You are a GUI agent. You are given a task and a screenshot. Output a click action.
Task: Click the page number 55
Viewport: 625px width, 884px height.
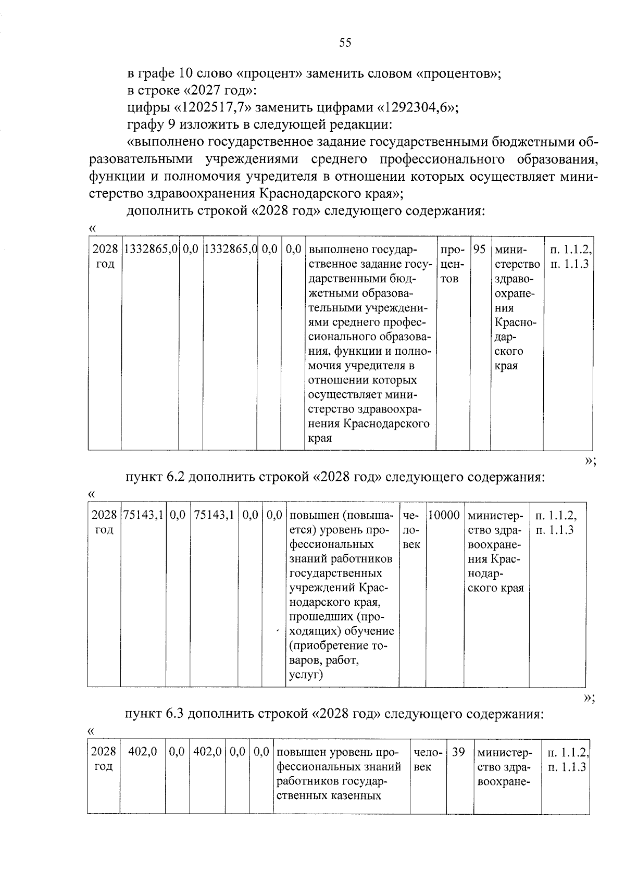click(345, 43)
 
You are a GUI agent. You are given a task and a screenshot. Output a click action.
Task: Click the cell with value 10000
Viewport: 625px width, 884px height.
click(444, 516)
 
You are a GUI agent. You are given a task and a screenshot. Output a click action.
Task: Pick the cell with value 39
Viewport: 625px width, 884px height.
click(458, 753)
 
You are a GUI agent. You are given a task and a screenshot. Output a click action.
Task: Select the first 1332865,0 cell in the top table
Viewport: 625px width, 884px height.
click(150, 250)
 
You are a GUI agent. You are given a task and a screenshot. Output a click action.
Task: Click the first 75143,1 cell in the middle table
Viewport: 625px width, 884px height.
click(143, 516)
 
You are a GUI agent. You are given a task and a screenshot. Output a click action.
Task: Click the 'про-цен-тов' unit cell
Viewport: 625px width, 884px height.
click(452, 264)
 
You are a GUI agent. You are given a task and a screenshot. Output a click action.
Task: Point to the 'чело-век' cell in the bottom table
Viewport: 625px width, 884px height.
click(428, 760)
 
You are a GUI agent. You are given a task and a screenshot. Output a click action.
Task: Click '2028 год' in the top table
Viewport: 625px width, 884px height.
click(105, 257)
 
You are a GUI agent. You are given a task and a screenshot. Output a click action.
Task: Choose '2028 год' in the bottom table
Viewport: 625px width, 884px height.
click(104, 760)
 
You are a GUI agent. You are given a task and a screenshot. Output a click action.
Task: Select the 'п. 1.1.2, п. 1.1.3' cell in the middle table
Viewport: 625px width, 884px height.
click(555, 523)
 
